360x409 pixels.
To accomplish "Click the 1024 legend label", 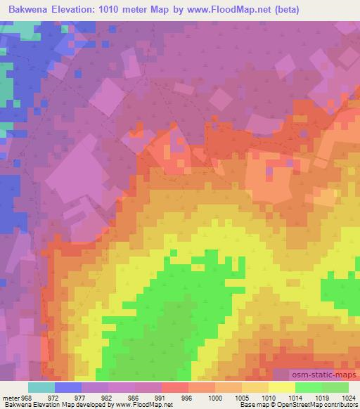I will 349,398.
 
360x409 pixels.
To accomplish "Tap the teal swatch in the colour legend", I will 41,387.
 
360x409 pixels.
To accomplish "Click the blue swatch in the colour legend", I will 68,387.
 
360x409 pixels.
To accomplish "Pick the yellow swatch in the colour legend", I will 282,387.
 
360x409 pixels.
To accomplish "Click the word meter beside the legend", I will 12,398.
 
